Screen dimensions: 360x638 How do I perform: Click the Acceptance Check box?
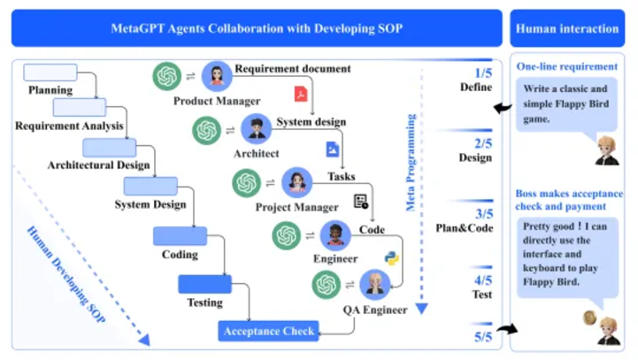point(269,332)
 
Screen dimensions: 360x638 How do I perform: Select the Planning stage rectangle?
point(50,73)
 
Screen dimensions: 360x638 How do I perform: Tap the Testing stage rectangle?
point(204,284)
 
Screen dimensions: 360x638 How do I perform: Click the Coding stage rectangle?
point(180,236)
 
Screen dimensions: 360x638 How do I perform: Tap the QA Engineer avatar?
point(377,284)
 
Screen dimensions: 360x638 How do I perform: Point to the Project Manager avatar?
point(297,183)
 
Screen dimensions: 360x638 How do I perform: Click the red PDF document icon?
point(301,94)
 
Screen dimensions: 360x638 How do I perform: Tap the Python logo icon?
point(391,258)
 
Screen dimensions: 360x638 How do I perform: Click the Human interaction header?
point(566,28)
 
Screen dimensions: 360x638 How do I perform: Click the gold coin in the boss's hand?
point(587,317)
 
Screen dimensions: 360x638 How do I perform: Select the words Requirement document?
point(293,68)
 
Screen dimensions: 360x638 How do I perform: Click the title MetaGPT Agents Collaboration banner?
point(257,28)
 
